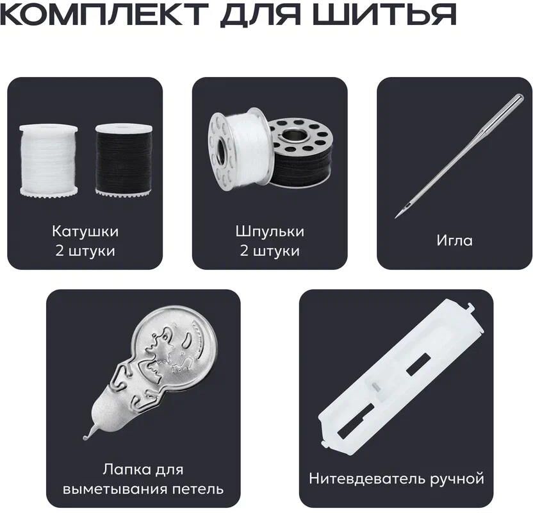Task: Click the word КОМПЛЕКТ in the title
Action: pyautogui.click(x=104, y=14)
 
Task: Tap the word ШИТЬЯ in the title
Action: pyautogui.click(x=384, y=14)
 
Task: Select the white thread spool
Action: pyautogui.click(x=49, y=160)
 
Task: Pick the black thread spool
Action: pyautogui.click(x=124, y=160)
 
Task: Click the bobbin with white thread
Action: pyautogui.click(x=238, y=149)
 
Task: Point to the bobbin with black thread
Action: pyautogui.click(x=301, y=153)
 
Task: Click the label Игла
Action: pyautogui.click(x=454, y=240)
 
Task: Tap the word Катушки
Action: pyautogui.click(x=85, y=231)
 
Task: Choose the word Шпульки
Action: pyautogui.click(x=270, y=231)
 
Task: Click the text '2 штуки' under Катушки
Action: pyautogui.click(x=85, y=251)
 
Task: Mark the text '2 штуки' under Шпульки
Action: pyautogui.click(x=270, y=251)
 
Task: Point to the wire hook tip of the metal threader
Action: pyautogui.click(x=85, y=437)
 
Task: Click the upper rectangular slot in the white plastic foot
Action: pyautogui.click(x=418, y=364)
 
